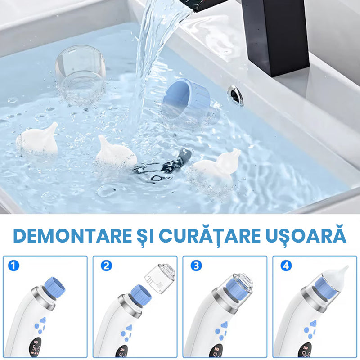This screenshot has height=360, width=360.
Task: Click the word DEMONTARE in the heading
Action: (72, 236)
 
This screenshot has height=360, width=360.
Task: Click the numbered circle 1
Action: (13, 265)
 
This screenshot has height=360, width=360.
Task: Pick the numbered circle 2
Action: (106, 265)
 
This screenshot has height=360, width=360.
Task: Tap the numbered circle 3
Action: (196, 265)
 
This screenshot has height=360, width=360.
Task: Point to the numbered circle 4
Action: (286, 265)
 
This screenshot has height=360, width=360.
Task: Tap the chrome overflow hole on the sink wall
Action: (235, 95)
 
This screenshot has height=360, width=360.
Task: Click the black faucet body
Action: (275, 35)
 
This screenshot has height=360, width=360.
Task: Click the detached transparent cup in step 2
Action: (160, 278)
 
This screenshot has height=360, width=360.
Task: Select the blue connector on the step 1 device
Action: (54, 288)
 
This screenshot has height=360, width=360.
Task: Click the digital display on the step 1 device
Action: (35, 348)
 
